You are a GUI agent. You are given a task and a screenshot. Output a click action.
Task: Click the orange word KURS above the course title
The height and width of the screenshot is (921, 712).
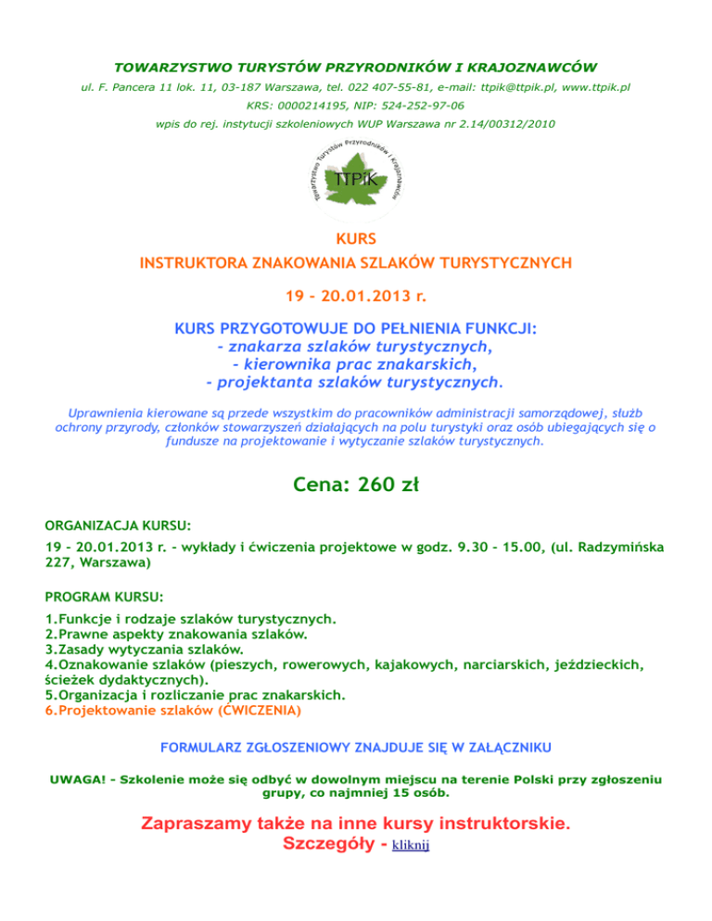(x=356, y=239)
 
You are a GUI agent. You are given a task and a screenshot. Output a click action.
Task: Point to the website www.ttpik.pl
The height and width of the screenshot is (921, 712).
(x=596, y=87)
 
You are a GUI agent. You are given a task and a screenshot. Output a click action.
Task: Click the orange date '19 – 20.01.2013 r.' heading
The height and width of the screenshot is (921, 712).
(x=356, y=297)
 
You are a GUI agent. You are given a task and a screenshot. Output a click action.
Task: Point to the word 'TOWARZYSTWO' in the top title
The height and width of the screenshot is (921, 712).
(x=166, y=68)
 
